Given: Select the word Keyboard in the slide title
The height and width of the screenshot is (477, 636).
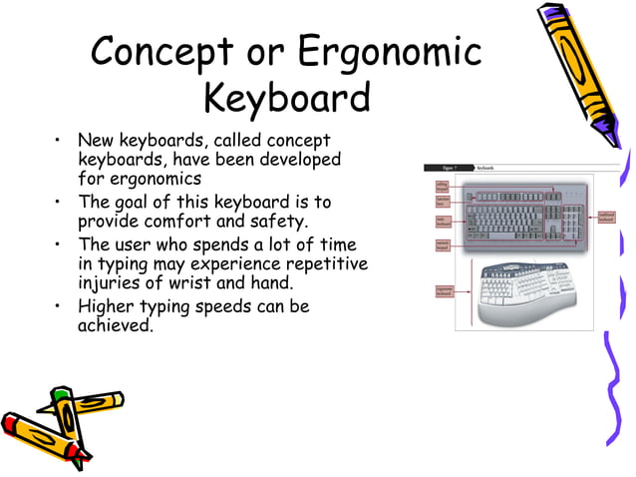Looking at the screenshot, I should pos(287,98).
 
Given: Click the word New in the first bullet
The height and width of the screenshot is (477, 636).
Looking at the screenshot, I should pos(98,141).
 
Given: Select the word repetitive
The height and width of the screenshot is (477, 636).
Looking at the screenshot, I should pos(317,264).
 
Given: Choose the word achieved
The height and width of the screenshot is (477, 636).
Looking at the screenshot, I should pos(116,325).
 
